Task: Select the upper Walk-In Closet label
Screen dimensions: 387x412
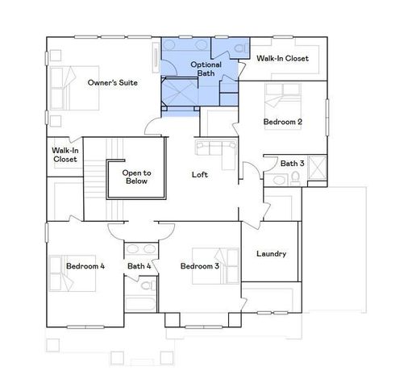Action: click(281, 59)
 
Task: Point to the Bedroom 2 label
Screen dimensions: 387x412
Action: click(282, 122)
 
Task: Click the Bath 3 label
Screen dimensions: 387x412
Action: click(293, 164)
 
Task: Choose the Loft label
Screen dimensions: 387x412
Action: click(201, 174)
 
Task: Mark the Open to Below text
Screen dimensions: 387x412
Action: click(136, 177)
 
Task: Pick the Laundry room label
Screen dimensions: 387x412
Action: click(271, 254)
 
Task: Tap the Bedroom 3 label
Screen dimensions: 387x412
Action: click(200, 266)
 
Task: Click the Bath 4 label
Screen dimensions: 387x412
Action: click(139, 266)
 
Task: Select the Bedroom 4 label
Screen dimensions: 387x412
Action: click(85, 266)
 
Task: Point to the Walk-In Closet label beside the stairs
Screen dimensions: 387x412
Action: click(65, 155)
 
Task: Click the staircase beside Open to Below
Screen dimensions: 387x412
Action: click(97, 181)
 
